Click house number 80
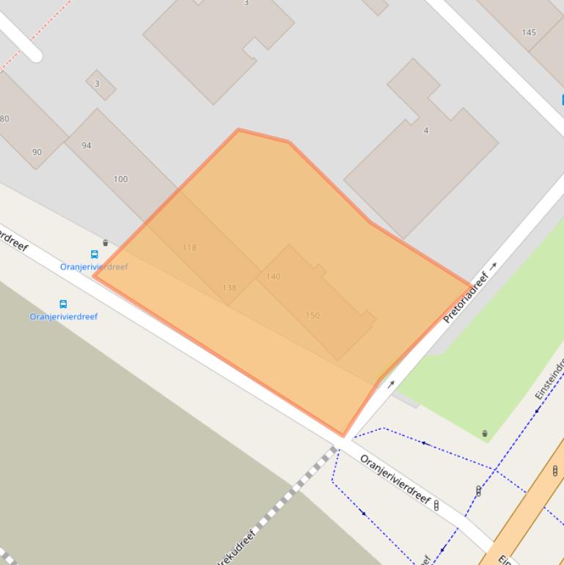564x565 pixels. pyautogui.click(x=4, y=119)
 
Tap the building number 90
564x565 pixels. pyautogui.click(x=37, y=152)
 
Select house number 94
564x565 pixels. pyautogui.click(x=87, y=145)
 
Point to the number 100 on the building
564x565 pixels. pyautogui.click(x=120, y=179)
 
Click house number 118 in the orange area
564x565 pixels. pyautogui.click(x=189, y=247)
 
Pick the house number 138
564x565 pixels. pyautogui.click(x=229, y=288)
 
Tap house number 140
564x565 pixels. pyautogui.click(x=273, y=277)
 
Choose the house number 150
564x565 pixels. pyautogui.click(x=312, y=316)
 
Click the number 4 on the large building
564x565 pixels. pyautogui.click(x=425, y=131)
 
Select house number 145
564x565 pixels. pyautogui.click(x=529, y=32)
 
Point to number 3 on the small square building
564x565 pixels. pyautogui.click(x=97, y=84)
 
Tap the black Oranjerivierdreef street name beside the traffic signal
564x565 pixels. pyautogui.click(x=395, y=479)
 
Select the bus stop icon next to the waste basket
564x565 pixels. pyautogui.click(x=94, y=255)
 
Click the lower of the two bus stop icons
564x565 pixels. pyautogui.click(x=63, y=304)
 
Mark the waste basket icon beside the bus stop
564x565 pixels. pyautogui.click(x=106, y=243)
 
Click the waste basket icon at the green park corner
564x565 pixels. pyautogui.click(x=485, y=434)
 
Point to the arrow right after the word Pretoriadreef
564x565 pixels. pyautogui.click(x=494, y=266)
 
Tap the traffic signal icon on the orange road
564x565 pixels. pyautogui.click(x=555, y=470)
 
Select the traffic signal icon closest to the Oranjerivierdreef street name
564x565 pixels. pyautogui.click(x=437, y=505)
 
